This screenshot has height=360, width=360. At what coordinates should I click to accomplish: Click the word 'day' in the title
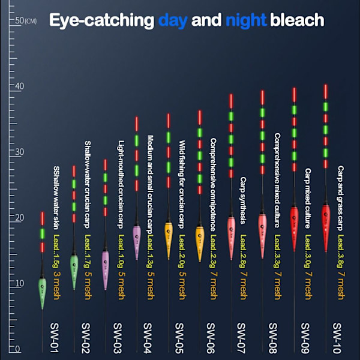click(173, 20)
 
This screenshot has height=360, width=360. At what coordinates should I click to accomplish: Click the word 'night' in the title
click(246, 20)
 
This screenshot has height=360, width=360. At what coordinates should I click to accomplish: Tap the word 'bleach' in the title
click(297, 20)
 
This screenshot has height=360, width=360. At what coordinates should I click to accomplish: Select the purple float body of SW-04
click(137, 240)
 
